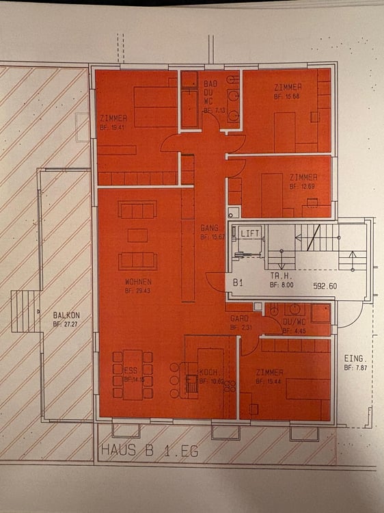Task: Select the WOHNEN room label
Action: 138,282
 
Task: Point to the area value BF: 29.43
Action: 138,290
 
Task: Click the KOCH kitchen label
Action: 208,371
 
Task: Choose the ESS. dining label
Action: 131,370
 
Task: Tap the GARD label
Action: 238,319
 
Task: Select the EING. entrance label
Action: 356,358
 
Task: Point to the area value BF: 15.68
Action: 287,97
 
